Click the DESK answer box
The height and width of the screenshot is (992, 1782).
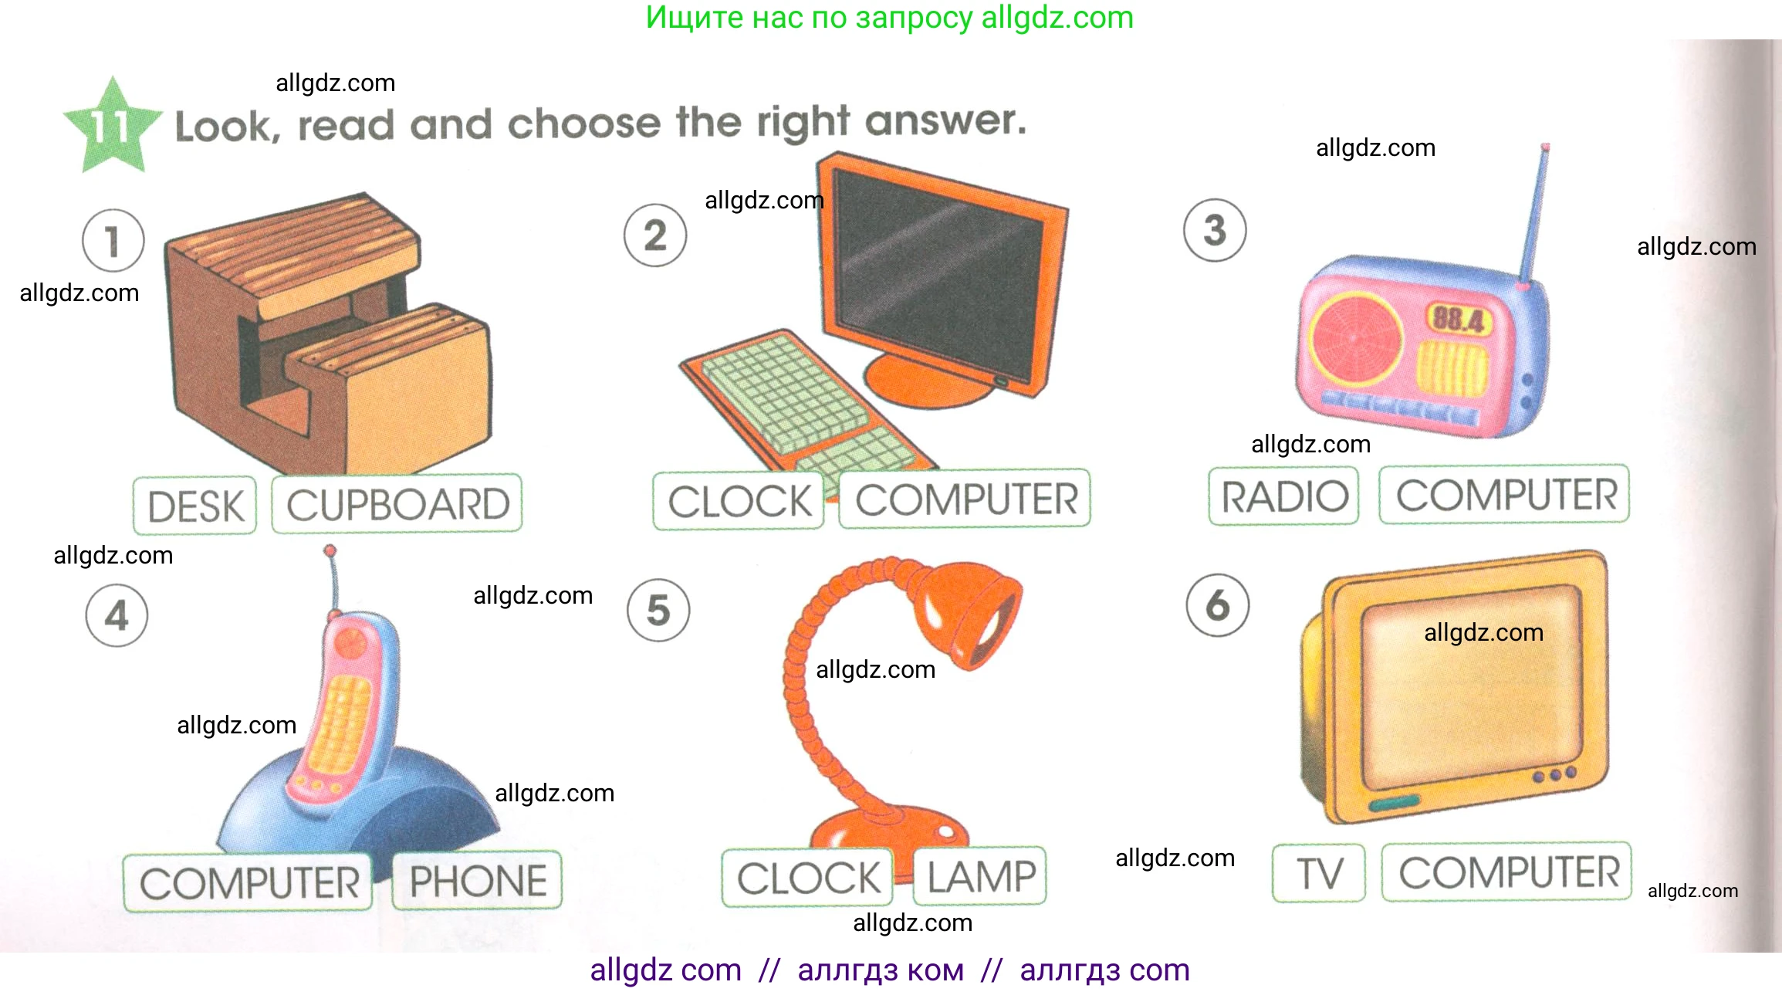tap(194, 506)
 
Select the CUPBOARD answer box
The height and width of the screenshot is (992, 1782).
tap(397, 504)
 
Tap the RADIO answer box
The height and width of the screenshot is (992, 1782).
tap(1283, 496)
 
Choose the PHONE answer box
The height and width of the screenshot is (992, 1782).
tap(477, 881)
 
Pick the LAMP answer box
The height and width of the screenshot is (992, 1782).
tap(980, 876)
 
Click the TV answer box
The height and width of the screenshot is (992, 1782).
tap(1319, 873)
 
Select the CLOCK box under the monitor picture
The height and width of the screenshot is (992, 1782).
tap(739, 501)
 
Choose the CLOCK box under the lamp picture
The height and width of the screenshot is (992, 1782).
tap(807, 878)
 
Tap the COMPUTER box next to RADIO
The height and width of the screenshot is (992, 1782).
tap(1505, 495)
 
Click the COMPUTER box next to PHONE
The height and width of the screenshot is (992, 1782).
tap(249, 883)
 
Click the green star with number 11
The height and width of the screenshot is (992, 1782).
tap(113, 126)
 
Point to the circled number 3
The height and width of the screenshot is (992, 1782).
tap(1215, 230)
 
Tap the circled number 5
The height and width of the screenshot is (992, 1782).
tap(658, 610)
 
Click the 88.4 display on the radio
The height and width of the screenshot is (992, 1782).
tap(1459, 319)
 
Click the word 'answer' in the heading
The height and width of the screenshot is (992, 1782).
tap(945, 121)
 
